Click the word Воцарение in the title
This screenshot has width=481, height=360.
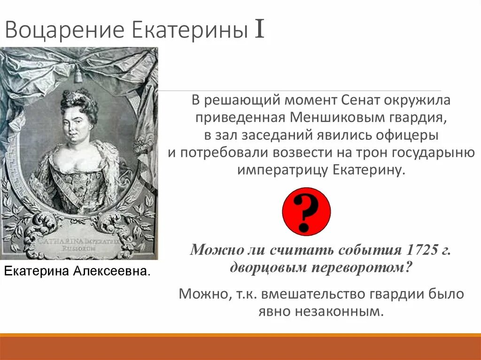(65, 30)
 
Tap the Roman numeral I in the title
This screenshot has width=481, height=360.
(259, 30)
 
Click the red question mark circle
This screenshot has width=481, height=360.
(307, 211)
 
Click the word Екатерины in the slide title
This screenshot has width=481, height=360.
(189, 30)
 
